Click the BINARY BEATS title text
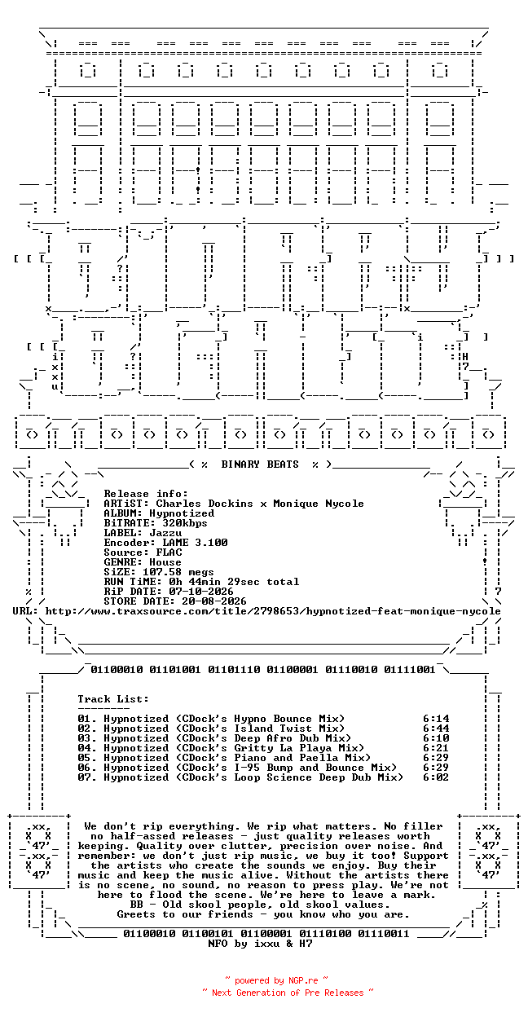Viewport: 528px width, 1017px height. (260, 464)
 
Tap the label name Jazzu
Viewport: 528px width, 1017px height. (165, 533)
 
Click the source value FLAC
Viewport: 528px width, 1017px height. (169, 552)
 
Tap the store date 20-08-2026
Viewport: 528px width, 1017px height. (214, 601)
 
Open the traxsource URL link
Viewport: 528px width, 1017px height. (273, 611)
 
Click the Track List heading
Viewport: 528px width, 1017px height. (113, 698)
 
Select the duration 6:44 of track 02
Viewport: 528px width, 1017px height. (436, 729)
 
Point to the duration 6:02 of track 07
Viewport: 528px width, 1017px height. (436, 777)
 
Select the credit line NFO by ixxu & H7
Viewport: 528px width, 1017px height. (260, 944)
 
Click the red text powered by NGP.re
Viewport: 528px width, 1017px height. (276, 980)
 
